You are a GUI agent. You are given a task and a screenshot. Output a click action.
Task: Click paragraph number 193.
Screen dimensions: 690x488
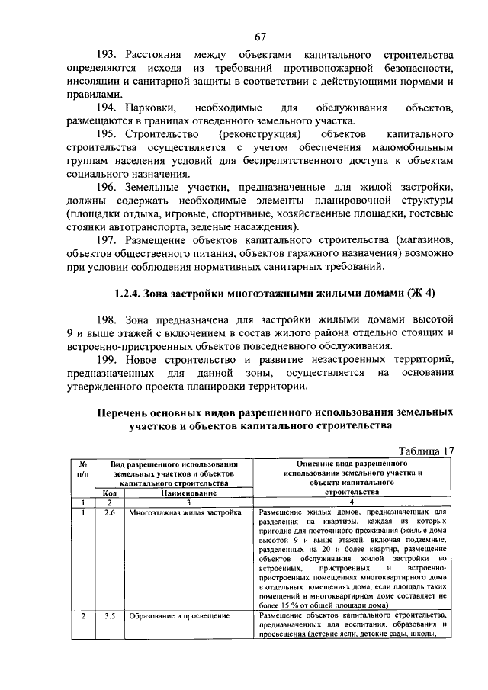pyautogui.click(x=107, y=56)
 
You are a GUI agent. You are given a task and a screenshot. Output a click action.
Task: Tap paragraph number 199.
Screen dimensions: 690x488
pyautogui.click(x=107, y=359)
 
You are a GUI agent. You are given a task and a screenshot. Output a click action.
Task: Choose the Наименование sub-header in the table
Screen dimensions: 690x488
pyautogui.click(x=182, y=493)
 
